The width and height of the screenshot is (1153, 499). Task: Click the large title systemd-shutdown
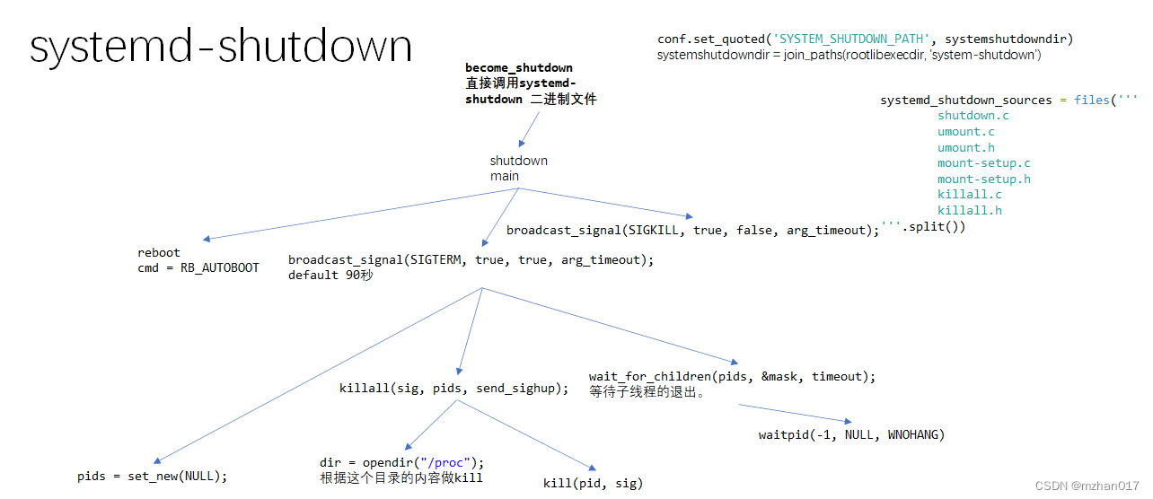221,47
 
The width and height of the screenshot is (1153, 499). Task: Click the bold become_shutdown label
518,67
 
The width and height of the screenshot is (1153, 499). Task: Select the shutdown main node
518,169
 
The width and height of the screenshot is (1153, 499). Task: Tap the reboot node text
159,252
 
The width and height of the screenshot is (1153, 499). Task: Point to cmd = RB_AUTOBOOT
198,267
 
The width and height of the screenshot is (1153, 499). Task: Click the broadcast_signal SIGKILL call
692,231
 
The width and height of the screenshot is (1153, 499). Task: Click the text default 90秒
330,276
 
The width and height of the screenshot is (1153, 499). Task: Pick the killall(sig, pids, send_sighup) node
453,389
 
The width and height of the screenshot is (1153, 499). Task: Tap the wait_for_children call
732,376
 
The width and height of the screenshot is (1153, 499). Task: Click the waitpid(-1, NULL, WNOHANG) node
851,435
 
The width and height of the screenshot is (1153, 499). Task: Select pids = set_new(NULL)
153,477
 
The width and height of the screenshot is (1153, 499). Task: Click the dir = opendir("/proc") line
401,462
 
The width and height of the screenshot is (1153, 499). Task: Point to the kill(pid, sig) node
593,484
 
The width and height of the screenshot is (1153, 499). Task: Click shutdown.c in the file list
973,116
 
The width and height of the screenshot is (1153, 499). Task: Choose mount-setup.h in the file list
983,179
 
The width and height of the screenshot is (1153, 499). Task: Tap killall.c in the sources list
970,195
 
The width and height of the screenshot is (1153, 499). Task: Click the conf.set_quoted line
865,39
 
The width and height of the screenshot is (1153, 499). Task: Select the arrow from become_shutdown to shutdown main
530,128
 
